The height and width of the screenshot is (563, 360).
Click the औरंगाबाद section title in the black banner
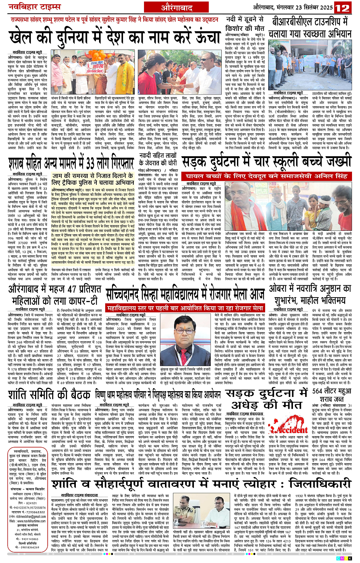point(176,7)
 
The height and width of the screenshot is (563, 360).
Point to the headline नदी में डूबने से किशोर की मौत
point(245,24)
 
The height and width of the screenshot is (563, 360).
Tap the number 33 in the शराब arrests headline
point(92,163)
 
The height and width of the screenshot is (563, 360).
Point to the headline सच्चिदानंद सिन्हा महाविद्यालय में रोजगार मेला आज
point(185,294)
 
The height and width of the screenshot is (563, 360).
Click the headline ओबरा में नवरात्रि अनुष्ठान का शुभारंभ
point(309,294)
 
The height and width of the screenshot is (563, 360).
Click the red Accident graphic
point(290,430)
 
